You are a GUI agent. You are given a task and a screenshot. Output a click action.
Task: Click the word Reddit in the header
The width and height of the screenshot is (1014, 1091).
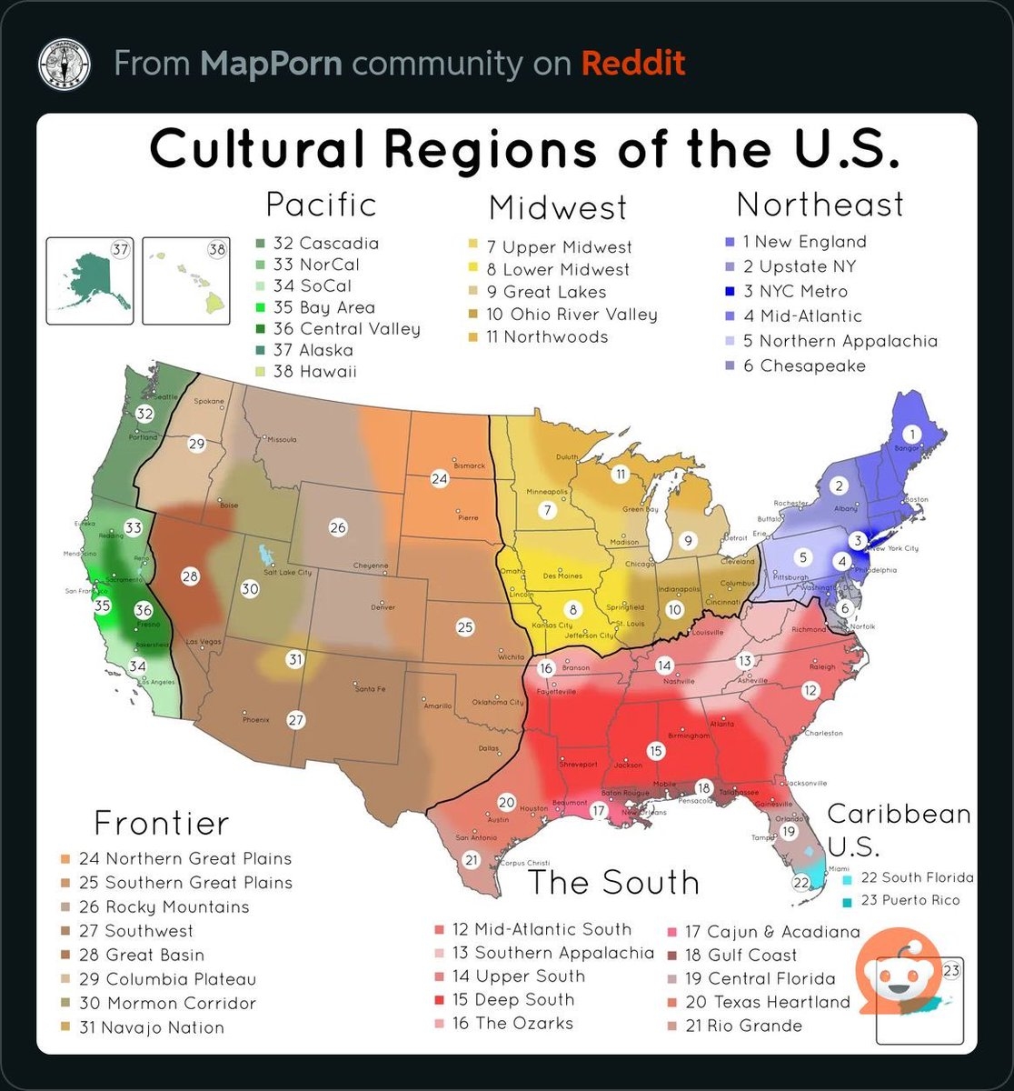click(632, 64)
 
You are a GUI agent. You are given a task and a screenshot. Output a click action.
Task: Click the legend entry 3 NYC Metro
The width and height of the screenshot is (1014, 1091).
click(794, 292)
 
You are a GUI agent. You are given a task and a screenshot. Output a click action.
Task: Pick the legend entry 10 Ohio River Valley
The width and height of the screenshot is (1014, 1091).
click(571, 315)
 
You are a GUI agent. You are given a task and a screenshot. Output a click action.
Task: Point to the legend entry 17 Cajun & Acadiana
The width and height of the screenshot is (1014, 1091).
click(771, 932)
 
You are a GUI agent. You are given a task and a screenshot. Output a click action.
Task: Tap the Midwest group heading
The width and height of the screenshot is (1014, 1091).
click(558, 208)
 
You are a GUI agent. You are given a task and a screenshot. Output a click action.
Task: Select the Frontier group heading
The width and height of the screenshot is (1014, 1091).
click(162, 823)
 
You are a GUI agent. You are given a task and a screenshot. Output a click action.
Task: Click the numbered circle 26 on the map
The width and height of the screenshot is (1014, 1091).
click(338, 527)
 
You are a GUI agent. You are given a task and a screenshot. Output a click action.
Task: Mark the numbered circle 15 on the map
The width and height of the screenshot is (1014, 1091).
click(656, 750)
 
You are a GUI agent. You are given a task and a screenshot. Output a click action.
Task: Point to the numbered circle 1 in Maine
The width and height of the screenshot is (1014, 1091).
click(913, 434)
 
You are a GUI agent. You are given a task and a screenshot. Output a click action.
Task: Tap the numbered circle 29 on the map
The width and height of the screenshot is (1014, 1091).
click(196, 444)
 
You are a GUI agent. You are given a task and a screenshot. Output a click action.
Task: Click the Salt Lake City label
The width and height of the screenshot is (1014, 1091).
click(287, 572)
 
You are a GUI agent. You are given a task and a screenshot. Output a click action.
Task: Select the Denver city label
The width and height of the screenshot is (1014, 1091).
click(383, 606)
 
